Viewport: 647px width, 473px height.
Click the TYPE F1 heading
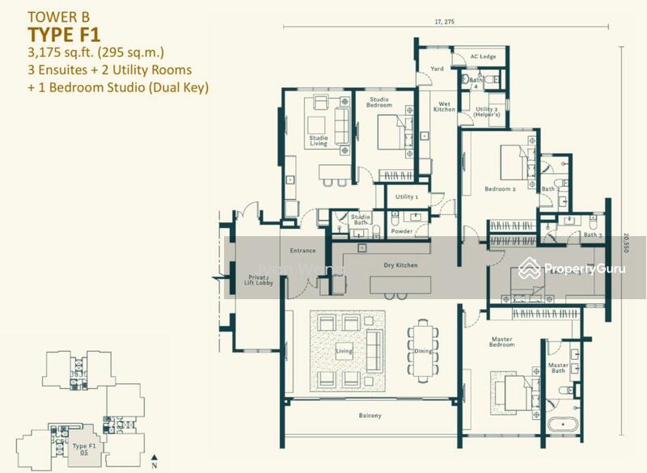(x=63, y=33)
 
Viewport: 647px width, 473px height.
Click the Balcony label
(x=370, y=416)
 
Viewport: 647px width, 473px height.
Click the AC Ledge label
(x=483, y=57)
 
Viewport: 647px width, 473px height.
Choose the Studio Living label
(x=318, y=141)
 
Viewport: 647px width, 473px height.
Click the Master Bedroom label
(x=501, y=341)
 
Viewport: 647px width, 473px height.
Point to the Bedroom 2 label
(x=500, y=188)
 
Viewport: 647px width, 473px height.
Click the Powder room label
(x=401, y=232)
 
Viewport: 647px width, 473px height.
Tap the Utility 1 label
(x=406, y=196)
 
